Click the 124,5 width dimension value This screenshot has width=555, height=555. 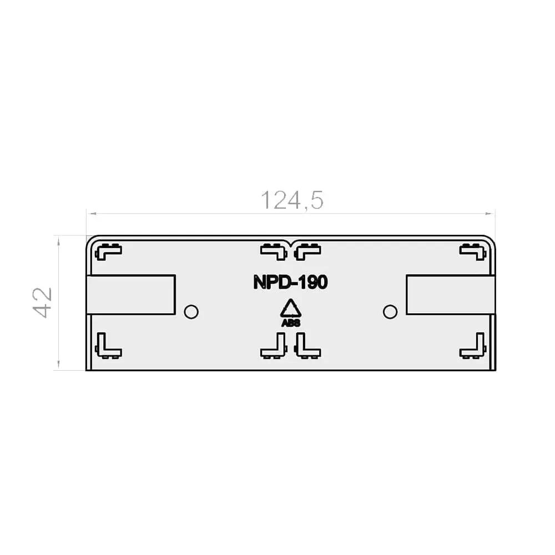coord(292,200)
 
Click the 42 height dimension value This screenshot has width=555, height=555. coord(43,302)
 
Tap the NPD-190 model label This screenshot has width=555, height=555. coord(291,282)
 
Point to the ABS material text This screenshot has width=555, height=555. coord(291,323)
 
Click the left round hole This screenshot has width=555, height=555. coord(191,312)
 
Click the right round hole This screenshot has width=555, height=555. coord(390,312)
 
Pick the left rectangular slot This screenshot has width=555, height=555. coord(131,295)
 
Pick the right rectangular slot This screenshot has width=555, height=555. coord(450,295)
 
